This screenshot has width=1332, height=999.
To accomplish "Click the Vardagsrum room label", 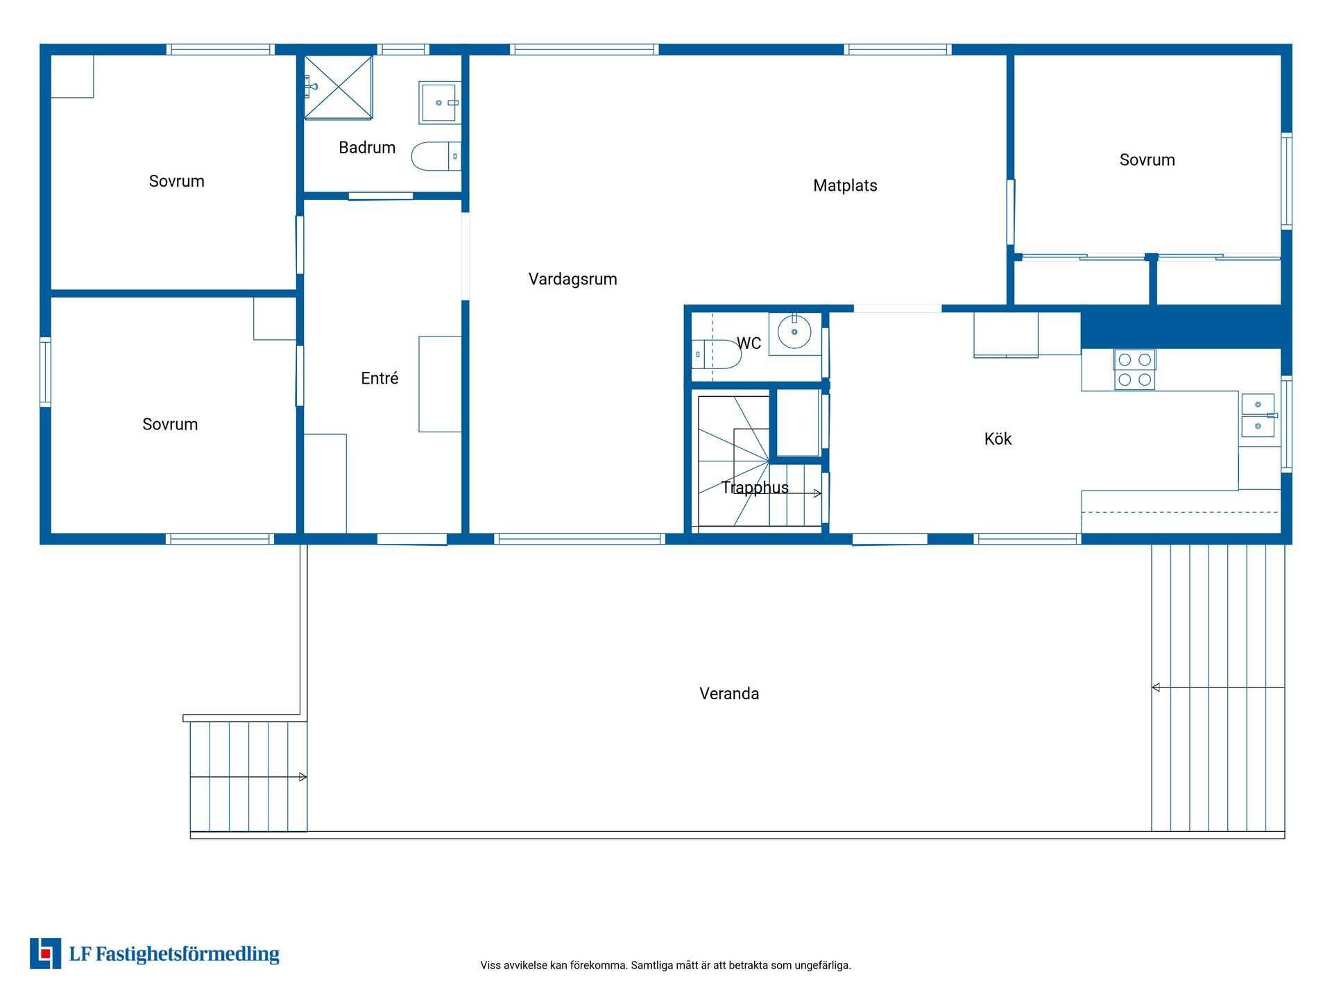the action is point(572,280).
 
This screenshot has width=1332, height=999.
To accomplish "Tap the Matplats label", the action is point(845,185).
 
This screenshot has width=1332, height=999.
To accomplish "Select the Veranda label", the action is point(729,694).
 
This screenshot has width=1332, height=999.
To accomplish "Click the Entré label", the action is point(379,378).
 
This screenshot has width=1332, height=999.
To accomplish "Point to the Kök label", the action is point(998,438).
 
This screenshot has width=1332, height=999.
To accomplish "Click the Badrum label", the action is point(367,147).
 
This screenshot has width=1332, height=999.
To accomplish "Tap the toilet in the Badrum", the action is point(436,156).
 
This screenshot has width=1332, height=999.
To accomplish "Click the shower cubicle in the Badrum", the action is point(339,88).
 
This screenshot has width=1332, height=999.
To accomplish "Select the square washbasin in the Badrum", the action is point(440,103).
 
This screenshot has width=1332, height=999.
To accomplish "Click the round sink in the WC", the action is point(795,332).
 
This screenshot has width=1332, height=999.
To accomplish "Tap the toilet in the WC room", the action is point(717,354).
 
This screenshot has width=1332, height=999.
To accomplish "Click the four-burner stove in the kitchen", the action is point(1135,369).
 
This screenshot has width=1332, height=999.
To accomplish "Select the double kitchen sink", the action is point(1258,416).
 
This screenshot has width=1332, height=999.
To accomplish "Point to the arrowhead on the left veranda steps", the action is point(303,777).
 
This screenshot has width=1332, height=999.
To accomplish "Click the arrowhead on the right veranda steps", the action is point(1156,688).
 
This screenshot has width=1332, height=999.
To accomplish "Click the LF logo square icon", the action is point(45,953).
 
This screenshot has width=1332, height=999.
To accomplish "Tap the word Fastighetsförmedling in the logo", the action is point(187,955).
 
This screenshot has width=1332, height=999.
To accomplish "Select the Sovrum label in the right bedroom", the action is point(1147,160).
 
